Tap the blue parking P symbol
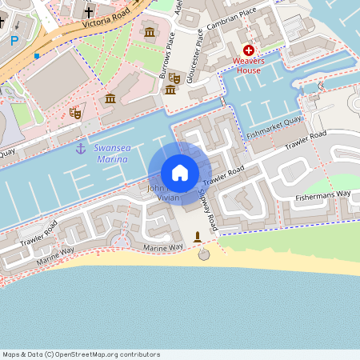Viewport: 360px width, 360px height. click(x=14, y=40)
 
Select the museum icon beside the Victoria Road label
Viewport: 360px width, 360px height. click(x=150, y=31)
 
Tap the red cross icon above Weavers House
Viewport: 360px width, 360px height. click(x=249, y=50)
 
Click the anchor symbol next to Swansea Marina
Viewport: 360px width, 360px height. click(x=80, y=148)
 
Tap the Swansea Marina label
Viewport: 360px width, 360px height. click(x=111, y=153)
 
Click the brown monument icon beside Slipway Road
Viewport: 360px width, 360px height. click(x=198, y=237)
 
